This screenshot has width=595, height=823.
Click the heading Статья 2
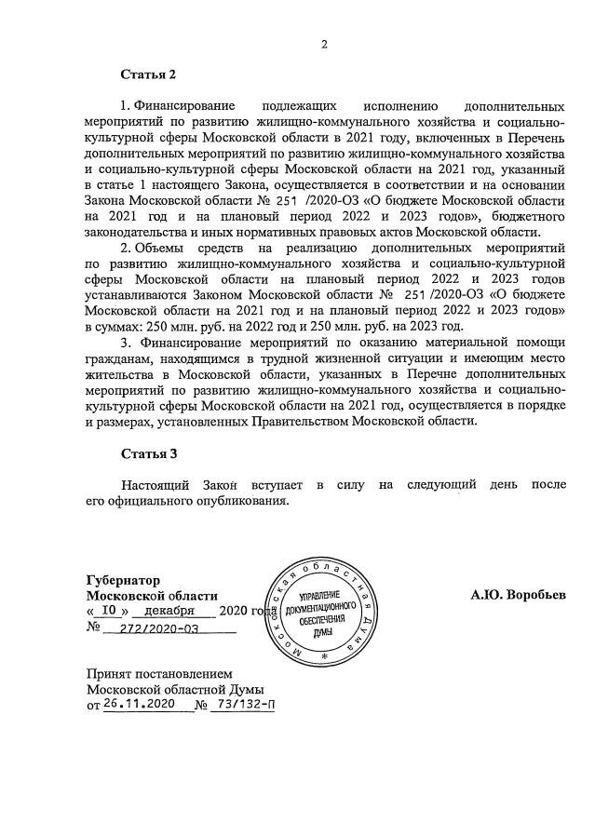(148, 74)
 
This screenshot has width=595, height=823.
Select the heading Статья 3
(148, 453)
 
